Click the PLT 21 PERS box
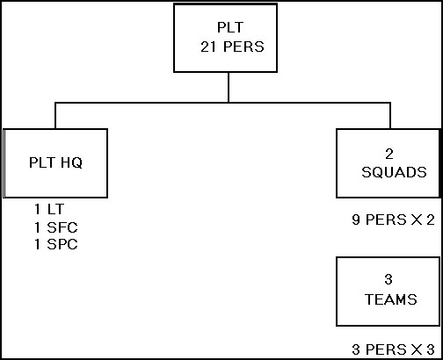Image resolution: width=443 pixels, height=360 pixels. pos(225,38)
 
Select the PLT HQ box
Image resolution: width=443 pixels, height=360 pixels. pos(55,163)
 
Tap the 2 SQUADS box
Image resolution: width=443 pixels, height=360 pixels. pos(389,163)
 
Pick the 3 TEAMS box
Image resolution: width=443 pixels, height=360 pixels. pos(389,292)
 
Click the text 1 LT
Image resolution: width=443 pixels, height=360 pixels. pos(49,209)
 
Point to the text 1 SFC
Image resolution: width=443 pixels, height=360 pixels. pos(56,227)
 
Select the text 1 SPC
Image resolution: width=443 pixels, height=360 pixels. pos(56,244)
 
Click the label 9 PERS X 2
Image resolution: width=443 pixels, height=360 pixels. pos(394,220)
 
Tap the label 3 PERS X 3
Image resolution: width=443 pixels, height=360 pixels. pos(393,349)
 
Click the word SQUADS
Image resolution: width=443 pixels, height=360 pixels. pos(394,172)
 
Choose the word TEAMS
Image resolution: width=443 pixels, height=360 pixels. pos(391,299)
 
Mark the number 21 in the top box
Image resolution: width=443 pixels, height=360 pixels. pos(209,47)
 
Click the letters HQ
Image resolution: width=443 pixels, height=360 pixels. pos(71,162)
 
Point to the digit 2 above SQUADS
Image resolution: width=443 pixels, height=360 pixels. pos(389,154)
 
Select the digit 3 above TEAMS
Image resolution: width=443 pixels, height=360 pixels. pos(389,279)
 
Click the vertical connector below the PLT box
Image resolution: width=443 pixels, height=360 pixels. pos(229,87)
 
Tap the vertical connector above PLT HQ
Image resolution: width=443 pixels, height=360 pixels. pos(55,116)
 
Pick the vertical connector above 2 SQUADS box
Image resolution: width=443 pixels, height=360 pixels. pos(390,116)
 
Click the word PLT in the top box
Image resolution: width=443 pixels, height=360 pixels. pos(230,27)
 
